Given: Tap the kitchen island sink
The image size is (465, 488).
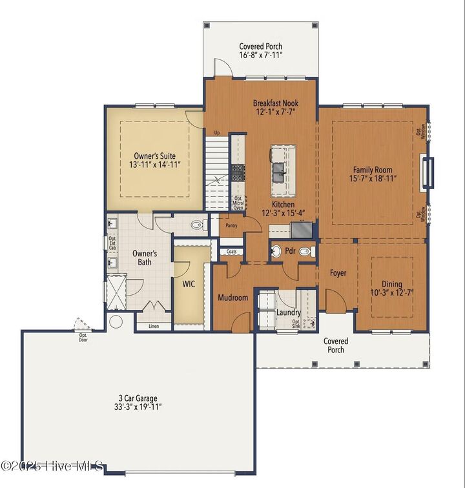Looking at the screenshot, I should pos(280,171).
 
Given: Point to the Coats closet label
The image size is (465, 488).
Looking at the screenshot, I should pos(231,252).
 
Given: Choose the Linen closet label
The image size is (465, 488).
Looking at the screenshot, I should pos(154,325).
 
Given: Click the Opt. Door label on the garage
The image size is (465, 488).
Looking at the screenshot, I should pos(83,338).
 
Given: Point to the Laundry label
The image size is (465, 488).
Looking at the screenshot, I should pos(288,312).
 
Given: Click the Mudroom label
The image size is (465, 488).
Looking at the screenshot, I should pos(232,298).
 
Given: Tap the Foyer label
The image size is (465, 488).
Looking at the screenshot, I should pos(338,273).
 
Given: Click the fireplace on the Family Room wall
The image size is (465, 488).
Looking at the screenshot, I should pos(426,172).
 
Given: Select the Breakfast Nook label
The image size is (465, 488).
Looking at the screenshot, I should pos(275,103).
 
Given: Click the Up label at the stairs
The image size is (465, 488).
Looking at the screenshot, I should pos(217,133).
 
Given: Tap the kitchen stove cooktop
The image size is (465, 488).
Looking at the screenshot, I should pos(238,172).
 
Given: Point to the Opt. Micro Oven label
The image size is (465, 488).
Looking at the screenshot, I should pos(238,203).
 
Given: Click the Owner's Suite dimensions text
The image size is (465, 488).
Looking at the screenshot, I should pos(154,165).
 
